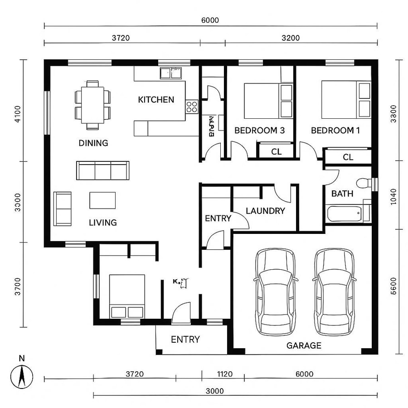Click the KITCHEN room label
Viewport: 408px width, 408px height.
(156, 100)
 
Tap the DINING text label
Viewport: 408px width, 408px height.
(93, 143)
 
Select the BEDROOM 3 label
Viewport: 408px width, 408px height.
(259, 131)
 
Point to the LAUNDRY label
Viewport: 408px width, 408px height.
(265, 211)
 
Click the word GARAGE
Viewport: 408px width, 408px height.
(304, 345)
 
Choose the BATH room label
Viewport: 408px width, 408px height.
(342, 194)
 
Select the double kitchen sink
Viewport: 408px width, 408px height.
(170, 73)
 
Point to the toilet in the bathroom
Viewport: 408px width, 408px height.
(363, 184)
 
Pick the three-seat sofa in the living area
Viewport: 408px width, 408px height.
(102, 170)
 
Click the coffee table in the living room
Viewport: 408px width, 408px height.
(102, 200)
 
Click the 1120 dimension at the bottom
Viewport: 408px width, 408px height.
(224, 374)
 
